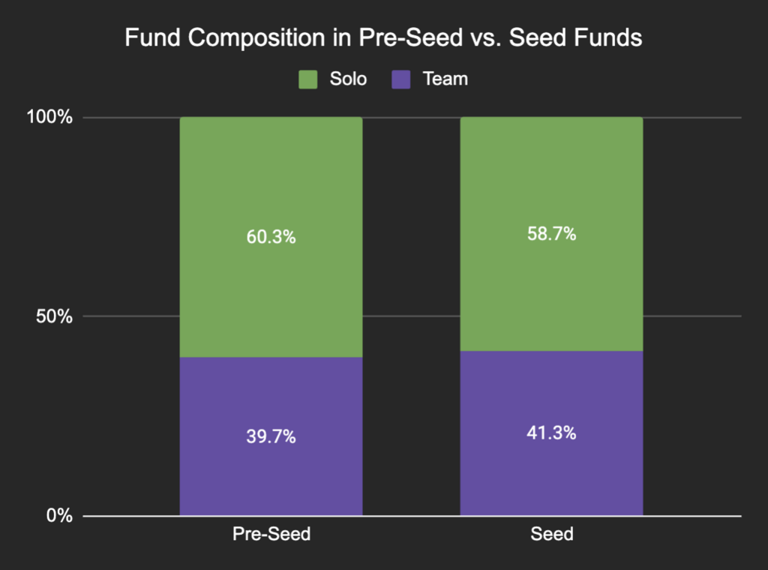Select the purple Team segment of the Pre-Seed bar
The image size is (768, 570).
271,472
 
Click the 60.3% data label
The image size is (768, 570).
271,238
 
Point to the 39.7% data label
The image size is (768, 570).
271,437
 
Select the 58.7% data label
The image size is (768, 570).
551,234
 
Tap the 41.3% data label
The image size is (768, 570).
551,433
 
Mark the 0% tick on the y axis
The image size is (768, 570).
60,516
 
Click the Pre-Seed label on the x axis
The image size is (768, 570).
271,535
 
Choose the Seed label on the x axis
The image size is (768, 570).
551,535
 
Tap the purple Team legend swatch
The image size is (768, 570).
402,79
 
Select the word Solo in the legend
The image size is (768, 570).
347,79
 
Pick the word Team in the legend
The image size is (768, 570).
445,79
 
